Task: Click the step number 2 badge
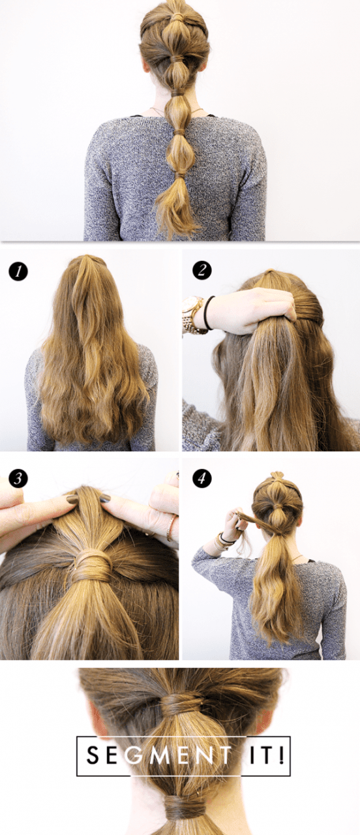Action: coord(202,270)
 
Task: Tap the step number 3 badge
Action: coord(18,478)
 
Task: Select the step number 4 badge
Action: coord(202,478)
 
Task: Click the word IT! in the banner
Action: coord(267,756)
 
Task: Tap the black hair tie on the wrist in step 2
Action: coord(209,313)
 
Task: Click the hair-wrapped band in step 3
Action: coord(91,563)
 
